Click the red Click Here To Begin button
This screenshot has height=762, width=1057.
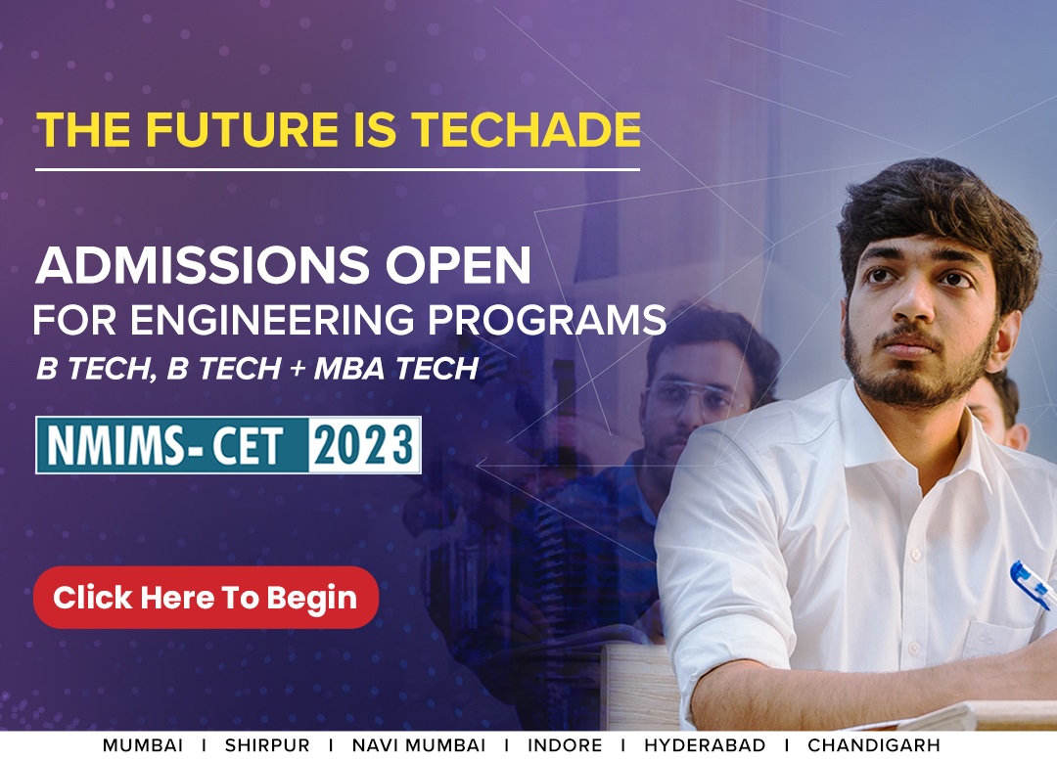click(206, 598)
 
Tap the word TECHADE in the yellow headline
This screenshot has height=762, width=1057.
click(526, 129)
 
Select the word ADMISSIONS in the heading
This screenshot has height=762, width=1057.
click(203, 265)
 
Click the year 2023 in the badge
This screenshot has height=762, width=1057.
click(364, 445)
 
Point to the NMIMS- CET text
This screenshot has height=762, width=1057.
click(165, 446)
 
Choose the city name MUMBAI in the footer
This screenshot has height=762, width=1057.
click(143, 745)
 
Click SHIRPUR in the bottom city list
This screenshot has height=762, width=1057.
click(267, 745)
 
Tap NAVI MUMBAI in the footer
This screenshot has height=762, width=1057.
click(419, 745)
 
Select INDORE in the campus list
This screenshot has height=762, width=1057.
click(565, 745)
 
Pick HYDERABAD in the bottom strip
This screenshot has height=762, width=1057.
click(705, 745)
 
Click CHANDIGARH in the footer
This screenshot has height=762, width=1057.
click(874, 745)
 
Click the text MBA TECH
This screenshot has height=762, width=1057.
click(396, 369)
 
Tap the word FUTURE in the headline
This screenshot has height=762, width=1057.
click(242, 129)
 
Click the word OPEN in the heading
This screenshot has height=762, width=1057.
click(458, 265)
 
